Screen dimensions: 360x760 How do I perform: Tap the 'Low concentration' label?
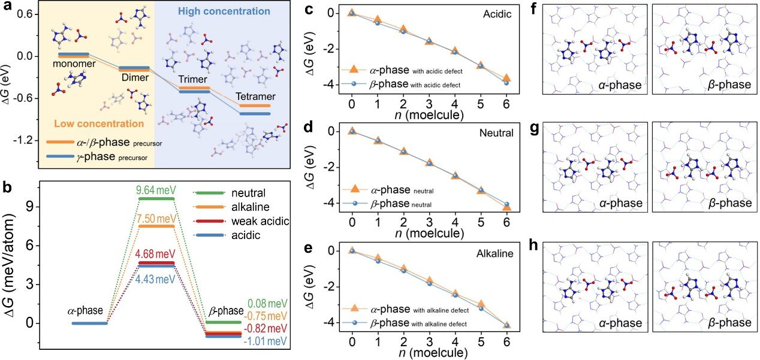click(x=98, y=124)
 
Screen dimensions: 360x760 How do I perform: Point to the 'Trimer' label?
click(x=194, y=80)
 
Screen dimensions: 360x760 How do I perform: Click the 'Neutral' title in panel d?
click(x=496, y=134)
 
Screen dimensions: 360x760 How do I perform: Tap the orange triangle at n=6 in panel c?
click(x=506, y=78)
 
